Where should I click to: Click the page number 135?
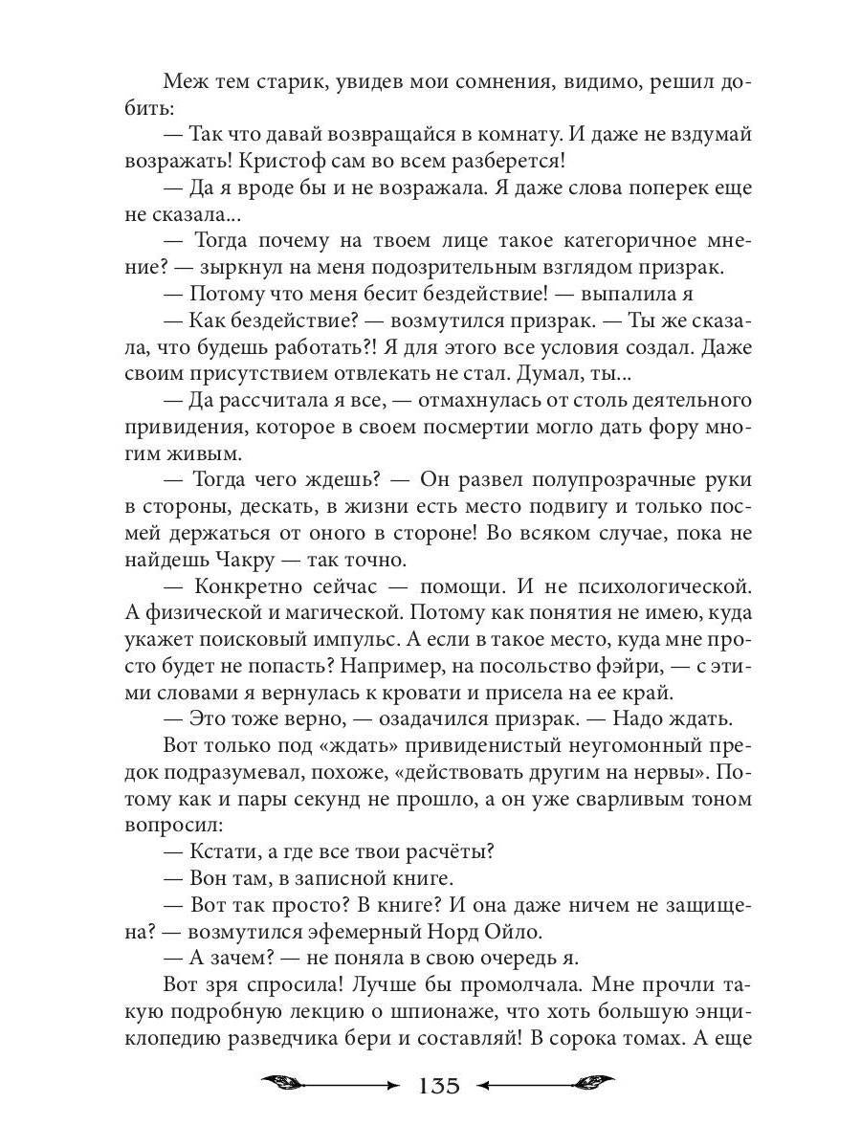tap(439, 1086)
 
